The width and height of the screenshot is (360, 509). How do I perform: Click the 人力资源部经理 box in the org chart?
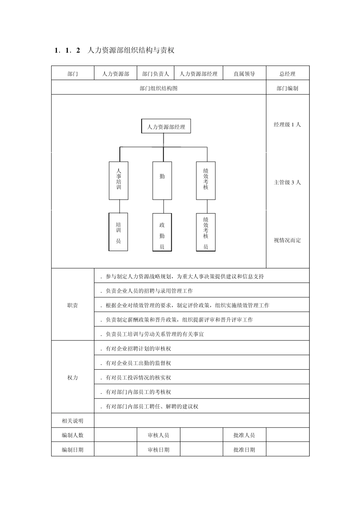click(x=166, y=126)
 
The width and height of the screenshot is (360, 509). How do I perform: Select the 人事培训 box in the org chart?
click(x=119, y=181)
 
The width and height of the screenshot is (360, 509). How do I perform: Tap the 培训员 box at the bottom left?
click(x=119, y=232)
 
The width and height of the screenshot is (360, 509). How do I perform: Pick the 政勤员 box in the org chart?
click(x=162, y=232)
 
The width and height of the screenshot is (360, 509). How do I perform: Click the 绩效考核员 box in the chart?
click(x=206, y=232)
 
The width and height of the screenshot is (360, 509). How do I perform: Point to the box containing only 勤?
click(x=162, y=181)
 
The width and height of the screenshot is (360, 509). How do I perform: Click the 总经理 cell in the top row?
click(x=288, y=73)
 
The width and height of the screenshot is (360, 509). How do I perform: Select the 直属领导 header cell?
click(x=244, y=73)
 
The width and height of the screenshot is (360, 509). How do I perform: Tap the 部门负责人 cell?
click(x=156, y=73)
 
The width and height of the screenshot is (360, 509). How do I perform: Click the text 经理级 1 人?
click(x=288, y=125)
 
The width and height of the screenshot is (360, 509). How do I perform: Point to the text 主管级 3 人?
click(x=288, y=182)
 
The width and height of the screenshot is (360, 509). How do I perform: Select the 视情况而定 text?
click(x=288, y=240)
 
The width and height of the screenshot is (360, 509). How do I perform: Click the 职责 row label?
click(x=72, y=305)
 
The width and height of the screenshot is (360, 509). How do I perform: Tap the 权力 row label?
click(x=72, y=378)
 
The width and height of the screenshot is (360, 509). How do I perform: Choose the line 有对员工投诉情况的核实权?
click(x=138, y=378)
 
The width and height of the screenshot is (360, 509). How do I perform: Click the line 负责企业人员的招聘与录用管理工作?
click(x=149, y=291)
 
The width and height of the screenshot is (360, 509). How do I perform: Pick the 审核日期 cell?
click(x=158, y=450)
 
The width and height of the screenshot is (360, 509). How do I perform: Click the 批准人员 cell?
click(x=244, y=435)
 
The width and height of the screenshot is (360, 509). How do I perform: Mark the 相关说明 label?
click(x=72, y=421)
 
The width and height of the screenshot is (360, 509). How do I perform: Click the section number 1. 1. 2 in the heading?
click(x=67, y=50)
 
